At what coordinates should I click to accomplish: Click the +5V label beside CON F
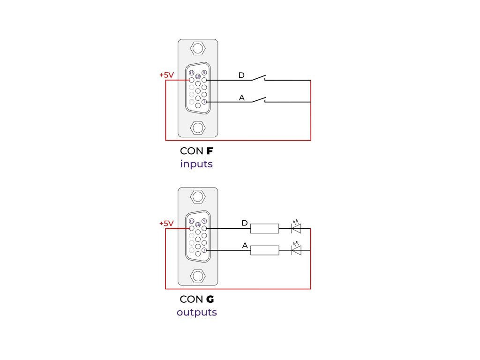(166, 75)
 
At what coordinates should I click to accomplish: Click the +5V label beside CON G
(166, 223)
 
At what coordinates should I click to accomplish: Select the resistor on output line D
(265, 228)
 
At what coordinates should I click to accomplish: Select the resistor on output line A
(265, 250)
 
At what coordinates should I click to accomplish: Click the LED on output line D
(296, 228)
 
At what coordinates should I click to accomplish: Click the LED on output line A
(296, 250)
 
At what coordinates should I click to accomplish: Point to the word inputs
(196, 165)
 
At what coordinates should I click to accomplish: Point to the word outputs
(197, 312)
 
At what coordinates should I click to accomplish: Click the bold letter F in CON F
(210, 151)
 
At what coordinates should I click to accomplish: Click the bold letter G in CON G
(210, 300)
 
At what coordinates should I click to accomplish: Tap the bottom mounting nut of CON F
(198, 127)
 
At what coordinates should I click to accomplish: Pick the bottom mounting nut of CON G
(198, 276)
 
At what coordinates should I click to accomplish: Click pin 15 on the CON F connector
(191, 73)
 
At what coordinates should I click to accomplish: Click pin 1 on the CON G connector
(204, 250)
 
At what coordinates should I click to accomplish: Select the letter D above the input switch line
(241, 75)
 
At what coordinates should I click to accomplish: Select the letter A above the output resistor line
(245, 246)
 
